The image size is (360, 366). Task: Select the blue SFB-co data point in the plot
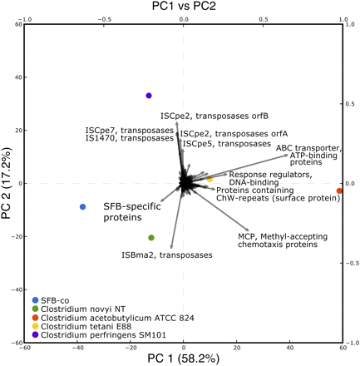(x=82, y=206)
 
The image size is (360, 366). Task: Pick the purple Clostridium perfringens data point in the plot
(x=149, y=96)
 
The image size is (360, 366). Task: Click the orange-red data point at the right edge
(x=338, y=191)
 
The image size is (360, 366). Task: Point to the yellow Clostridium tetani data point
(x=210, y=179)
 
